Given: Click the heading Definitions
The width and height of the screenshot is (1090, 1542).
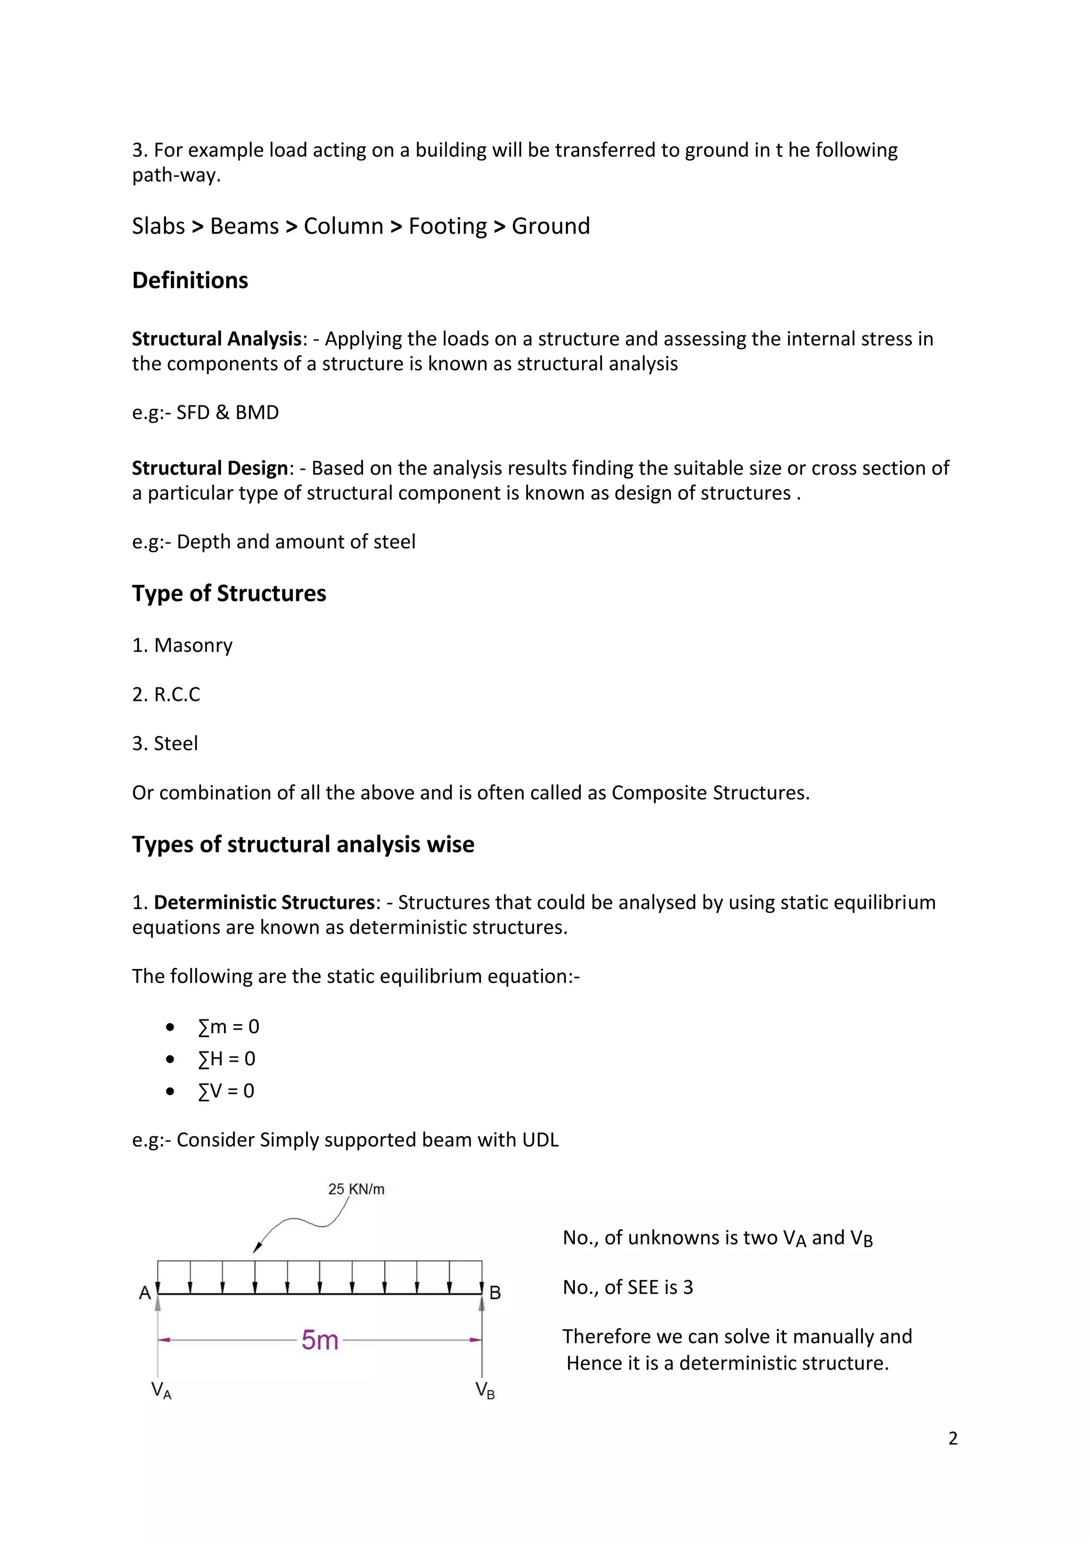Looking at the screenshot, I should pyautogui.click(x=190, y=280).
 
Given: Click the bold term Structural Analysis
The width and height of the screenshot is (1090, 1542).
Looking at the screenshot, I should pyautogui.click(x=216, y=339).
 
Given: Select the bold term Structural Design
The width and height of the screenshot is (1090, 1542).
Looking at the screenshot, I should pyautogui.click(x=210, y=468).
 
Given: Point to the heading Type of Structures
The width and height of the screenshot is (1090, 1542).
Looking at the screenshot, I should pyautogui.click(x=229, y=594).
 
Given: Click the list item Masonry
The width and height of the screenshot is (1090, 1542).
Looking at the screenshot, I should pyautogui.click(x=193, y=645).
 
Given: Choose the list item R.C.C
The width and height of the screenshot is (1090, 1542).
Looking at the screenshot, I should pyautogui.click(x=177, y=694).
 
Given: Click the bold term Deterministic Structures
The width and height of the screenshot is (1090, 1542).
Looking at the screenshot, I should pyautogui.click(x=263, y=902).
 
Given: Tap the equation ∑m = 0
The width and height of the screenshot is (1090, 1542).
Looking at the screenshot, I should pyautogui.click(x=228, y=1027).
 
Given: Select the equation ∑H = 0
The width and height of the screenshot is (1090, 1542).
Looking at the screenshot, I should pyautogui.click(x=226, y=1059).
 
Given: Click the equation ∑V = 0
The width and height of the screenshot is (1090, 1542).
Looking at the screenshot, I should pyautogui.click(x=226, y=1091).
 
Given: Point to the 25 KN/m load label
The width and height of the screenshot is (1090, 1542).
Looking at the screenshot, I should pyautogui.click(x=356, y=1189).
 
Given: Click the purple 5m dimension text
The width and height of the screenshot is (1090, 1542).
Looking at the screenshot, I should pyautogui.click(x=320, y=1340).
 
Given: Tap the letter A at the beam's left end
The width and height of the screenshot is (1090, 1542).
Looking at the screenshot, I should pyautogui.click(x=144, y=1293).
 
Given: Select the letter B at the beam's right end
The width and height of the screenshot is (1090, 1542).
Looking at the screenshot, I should pyautogui.click(x=495, y=1293).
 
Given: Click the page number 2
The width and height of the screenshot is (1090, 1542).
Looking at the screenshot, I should pyautogui.click(x=952, y=1439).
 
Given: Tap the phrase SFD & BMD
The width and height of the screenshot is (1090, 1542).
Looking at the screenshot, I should pyautogui.click(x=227, y=412).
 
